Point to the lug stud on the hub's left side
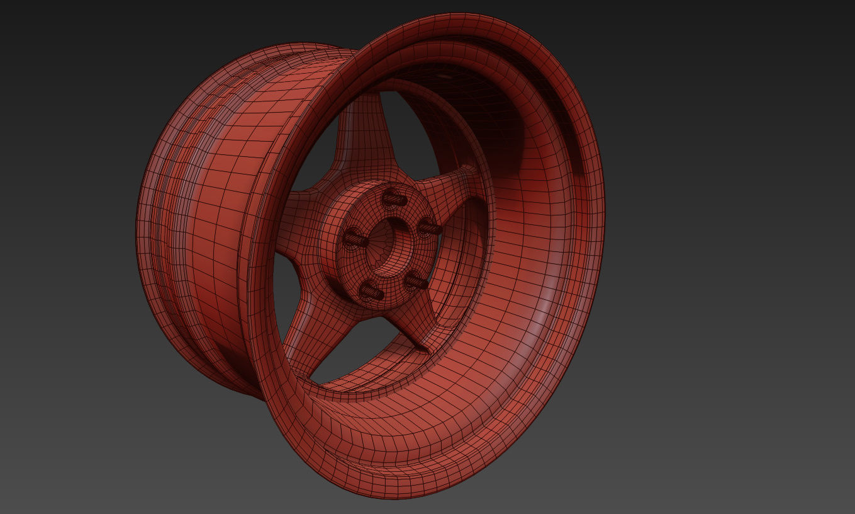pos(355,239)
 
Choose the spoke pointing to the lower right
pos(403,324)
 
